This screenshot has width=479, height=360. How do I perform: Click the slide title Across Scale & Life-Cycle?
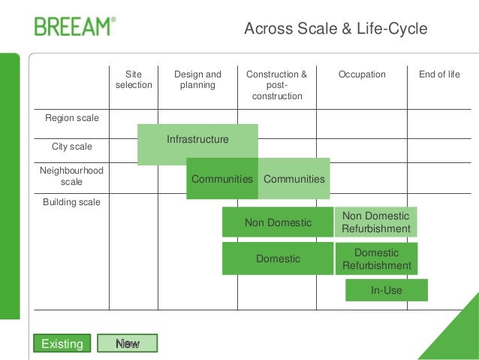[336, 29]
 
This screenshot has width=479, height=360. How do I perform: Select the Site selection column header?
[134, 80]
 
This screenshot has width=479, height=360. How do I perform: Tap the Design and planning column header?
[197, 80]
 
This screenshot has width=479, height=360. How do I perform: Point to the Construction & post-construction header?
[276, 85]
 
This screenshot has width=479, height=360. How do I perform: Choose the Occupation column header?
[362, 74]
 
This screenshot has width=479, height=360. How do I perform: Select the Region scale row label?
[72, 118]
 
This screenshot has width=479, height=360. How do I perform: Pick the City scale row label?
[72, 146]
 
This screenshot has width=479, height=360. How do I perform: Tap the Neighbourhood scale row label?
[71, 176]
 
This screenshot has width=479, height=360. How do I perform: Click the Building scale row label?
[71, 201]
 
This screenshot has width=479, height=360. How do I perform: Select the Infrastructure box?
[197, 140]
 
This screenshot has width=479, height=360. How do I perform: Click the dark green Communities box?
[222, 179]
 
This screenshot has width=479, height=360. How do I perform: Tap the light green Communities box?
[294, 179]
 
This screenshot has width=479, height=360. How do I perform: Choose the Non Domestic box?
[278, 222]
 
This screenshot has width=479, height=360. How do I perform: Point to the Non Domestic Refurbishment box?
[376, 222]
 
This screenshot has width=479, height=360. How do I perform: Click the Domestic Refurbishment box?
[376, 259]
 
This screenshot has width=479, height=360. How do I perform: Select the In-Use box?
[386, 290]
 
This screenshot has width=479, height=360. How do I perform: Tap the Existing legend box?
[62, 343]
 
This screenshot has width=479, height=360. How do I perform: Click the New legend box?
[128, 343]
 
